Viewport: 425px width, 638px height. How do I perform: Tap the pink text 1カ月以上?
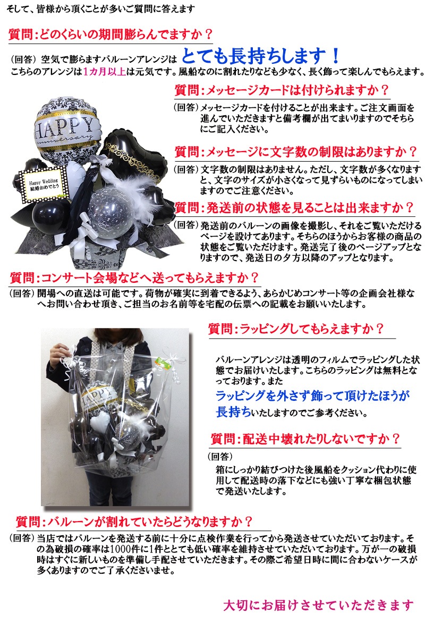coord(105,71)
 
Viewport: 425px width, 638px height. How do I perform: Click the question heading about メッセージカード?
coord(282,90)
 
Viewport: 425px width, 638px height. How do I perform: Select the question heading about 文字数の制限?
coord(295,152)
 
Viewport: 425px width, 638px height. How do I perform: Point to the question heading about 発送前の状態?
coord(294,208)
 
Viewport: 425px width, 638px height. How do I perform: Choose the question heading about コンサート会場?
coord(134,278)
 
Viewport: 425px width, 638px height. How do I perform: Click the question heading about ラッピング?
coord(296,329)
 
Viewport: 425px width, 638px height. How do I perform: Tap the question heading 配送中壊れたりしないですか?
coord(305,439)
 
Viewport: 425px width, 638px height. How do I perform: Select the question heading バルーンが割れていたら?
coord(134,522)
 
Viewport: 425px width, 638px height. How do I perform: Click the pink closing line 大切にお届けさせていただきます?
coord(318,605)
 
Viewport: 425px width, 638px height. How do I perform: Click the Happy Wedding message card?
coord(43,184)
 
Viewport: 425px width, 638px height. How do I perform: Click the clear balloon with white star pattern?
coord(112,212)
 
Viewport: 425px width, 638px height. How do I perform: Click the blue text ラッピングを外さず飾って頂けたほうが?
coord(312,396)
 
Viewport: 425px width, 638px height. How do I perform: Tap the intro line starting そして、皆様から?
coord(101,9)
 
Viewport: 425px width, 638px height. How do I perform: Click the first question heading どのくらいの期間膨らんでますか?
coord(110,35)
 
